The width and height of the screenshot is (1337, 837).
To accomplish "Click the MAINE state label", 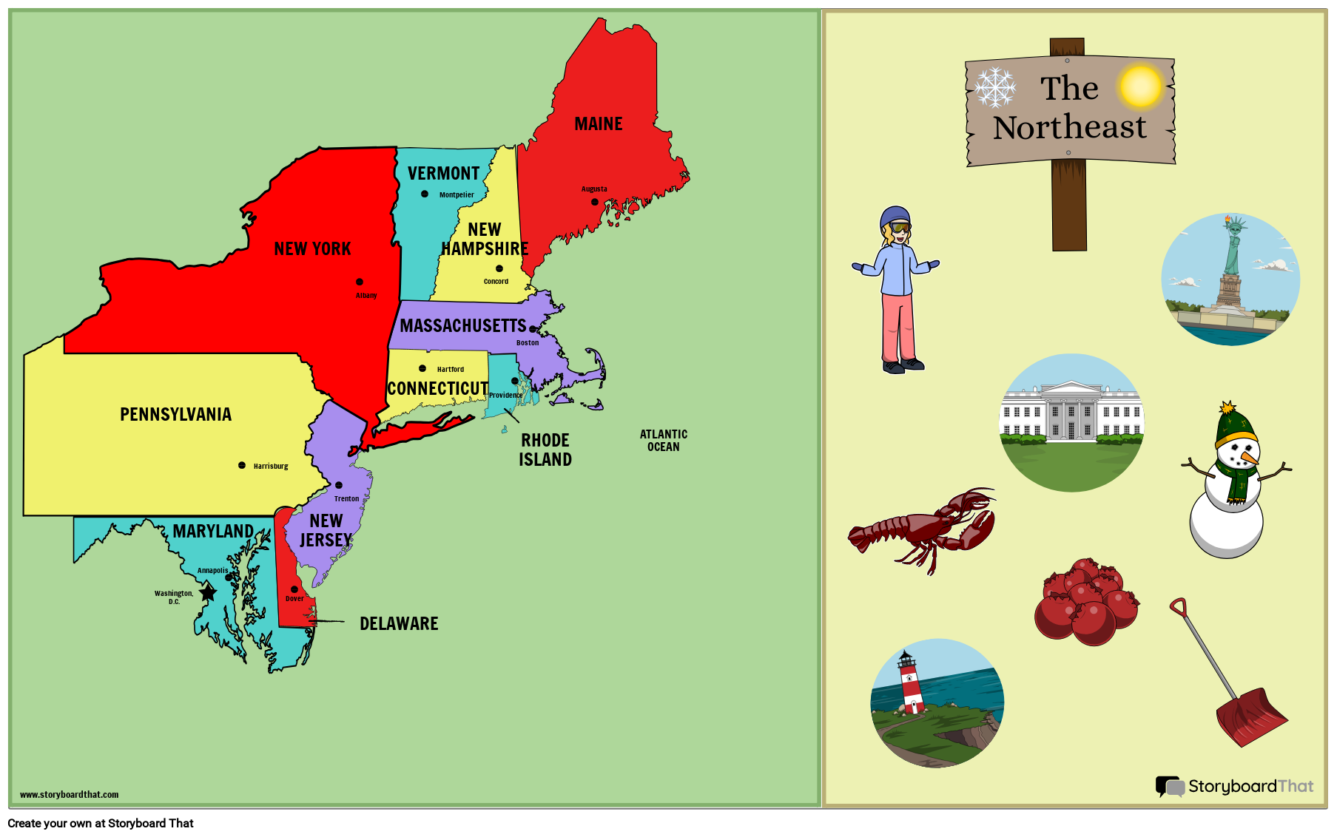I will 598,124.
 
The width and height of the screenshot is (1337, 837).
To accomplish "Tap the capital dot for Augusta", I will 595,202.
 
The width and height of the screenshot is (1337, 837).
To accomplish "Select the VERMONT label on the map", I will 443,174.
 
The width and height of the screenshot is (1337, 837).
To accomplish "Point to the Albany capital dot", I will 360,282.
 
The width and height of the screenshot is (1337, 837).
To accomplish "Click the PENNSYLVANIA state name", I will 175,415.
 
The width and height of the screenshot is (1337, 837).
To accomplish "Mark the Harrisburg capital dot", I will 242,465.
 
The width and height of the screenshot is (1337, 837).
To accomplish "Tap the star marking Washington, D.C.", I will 208,592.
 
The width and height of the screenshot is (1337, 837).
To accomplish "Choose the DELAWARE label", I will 399,624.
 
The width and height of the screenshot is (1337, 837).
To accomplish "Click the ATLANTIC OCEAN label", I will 663,441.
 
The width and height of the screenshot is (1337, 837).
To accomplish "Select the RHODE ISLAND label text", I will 545,450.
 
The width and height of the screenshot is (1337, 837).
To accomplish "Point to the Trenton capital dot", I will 339,485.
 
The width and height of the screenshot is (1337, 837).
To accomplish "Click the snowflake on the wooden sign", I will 995,87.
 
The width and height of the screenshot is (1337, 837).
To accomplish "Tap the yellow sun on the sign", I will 1140,86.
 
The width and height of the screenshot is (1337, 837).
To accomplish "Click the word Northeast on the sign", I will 1069,128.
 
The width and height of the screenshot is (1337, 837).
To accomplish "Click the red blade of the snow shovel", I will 1251,716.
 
